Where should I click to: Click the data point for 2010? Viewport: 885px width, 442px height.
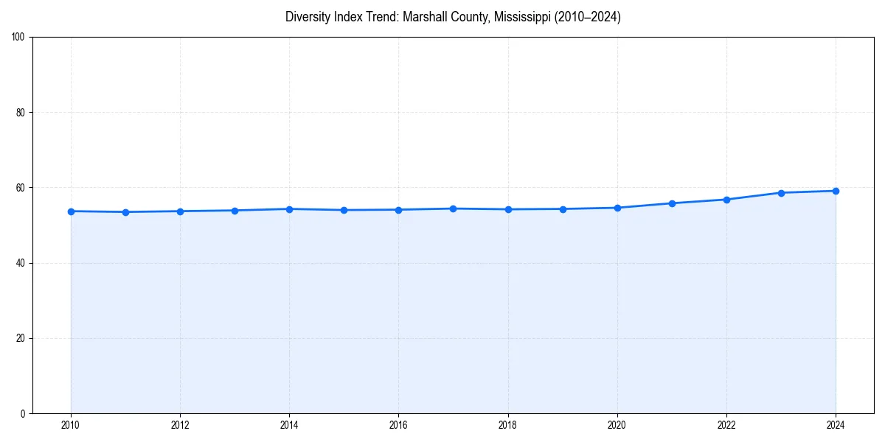tap(71, 211)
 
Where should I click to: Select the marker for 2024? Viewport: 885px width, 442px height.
tap(836, 191)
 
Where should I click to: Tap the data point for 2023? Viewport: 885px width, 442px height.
tap(781, 193)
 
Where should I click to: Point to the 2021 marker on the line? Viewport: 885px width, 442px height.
tap(672, 203)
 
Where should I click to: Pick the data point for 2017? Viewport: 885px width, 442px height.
tap(453, 208)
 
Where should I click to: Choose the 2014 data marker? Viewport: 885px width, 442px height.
tap(289, 209)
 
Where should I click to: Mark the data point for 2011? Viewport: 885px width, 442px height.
tap(125, 212)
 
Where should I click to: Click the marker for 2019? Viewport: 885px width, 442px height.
tap(563, 209)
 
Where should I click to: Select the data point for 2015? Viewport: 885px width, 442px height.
tap(344, 210)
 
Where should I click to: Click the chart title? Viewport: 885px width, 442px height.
tap(453, 17)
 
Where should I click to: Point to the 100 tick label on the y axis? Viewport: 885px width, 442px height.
tap(18, 38)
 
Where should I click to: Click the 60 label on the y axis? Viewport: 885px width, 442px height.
tap(21, 188)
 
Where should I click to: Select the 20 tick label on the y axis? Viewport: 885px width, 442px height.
tap(21, 338)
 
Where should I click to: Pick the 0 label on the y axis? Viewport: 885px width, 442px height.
tap(23, 413)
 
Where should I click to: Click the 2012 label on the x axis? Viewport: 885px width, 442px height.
tap(180, 425)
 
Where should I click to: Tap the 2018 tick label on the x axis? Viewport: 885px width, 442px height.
tap(507, 425)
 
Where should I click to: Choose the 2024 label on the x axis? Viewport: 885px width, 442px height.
tap(836, 425)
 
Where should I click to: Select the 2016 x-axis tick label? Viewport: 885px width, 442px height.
tap(398, 425)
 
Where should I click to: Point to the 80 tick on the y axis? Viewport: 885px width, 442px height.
tap(21, 113)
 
